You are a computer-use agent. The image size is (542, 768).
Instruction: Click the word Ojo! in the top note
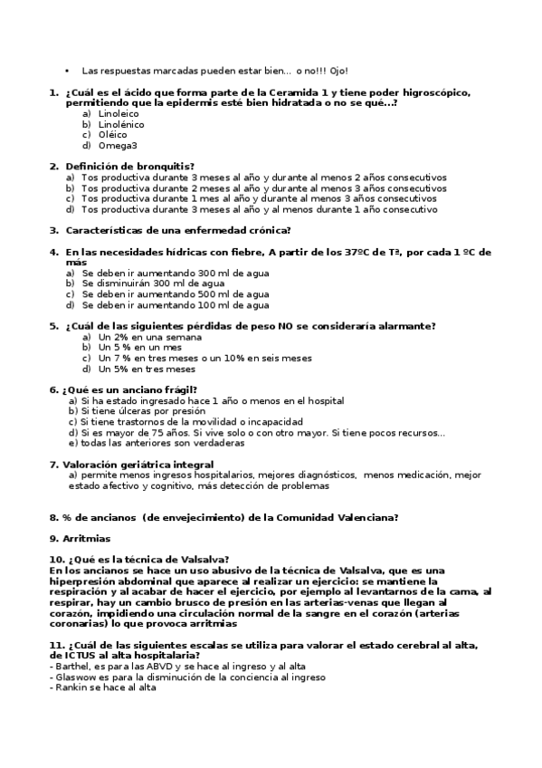coord(335,71)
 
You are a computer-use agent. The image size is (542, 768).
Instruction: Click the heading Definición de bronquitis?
coord(129,167)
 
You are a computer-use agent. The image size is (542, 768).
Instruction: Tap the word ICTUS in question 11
coord(78,655)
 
